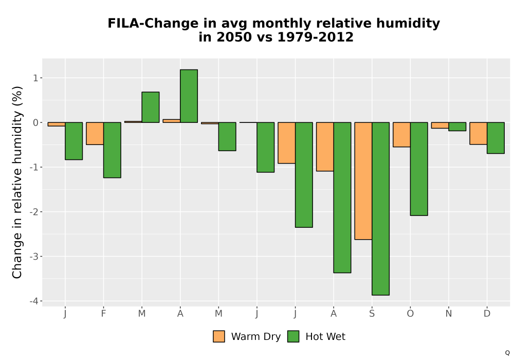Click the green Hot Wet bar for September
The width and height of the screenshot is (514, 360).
click(380, 208)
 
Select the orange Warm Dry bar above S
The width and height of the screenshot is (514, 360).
click(363, 181)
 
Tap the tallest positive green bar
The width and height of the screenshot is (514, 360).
click(189, 96)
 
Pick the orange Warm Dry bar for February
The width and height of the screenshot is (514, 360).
click(95, 133)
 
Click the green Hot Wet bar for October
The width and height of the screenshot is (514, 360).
click(419, 169)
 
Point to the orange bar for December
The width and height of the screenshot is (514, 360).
click(478, 133)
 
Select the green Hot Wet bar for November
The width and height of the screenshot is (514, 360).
click(457, 127)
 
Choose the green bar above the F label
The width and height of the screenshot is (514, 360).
click(112, 150)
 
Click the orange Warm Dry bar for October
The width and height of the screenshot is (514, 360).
click(401, 135)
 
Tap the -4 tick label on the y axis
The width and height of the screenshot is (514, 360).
click(34, 301)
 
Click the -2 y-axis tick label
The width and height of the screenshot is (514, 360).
click(34, 212)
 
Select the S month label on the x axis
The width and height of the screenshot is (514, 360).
click(372, 314)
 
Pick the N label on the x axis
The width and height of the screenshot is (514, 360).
click(448, 314)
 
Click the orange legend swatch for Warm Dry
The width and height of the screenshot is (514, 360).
click(219, 336)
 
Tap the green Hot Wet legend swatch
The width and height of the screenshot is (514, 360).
click(293, 336)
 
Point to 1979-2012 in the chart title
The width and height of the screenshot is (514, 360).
click(316, 37)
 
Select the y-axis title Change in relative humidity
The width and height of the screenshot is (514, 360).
click(17, 182)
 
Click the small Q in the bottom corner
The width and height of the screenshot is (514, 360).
click(507, 353)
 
